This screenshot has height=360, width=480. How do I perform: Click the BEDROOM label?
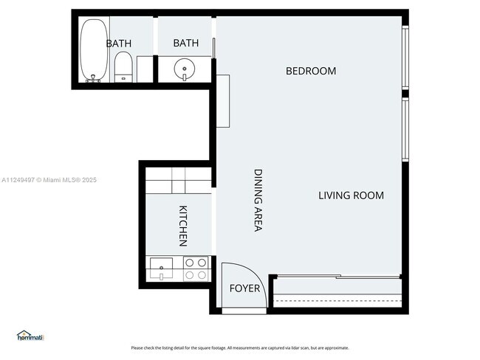(x=311, y=71)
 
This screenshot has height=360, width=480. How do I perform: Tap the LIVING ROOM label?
(x=351, y=195)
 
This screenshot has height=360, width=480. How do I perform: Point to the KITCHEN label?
(x=182, y=226)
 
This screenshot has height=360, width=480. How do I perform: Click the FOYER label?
(x=244, y=288)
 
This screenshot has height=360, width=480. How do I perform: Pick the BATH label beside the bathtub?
(x=119, y=44)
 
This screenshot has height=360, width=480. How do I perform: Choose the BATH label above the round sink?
(x=186, y=43)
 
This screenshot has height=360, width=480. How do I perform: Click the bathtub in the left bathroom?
(x=93, y=50)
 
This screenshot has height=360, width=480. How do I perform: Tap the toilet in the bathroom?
(x=124, y=68)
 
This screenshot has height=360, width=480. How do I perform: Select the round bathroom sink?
(x=185, y=72)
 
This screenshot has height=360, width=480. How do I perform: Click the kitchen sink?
(x=162, y=267)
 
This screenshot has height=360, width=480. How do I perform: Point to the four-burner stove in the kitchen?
(x=195, y=268)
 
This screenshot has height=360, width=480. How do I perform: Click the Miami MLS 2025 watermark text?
(x=49, y=180)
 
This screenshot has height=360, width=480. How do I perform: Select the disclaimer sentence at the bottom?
(x=240, y=347)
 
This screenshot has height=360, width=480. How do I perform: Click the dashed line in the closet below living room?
(x=337, y=301)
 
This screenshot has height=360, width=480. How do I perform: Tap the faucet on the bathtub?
(x=93, y=77)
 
